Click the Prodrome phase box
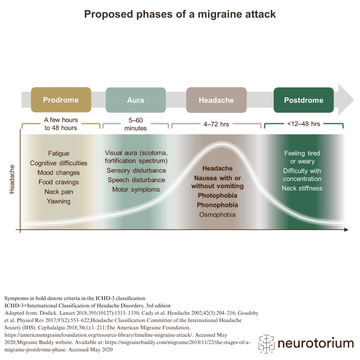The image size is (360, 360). coord(61,100)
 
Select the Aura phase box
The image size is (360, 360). coord(136,100)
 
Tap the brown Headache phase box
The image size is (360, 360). coord(216,100)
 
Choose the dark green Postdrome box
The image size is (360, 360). coord(304,100)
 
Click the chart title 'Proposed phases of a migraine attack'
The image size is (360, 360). coord(180,14)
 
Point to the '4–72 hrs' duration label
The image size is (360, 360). coord(216,124)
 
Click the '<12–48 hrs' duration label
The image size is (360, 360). coord(304,124)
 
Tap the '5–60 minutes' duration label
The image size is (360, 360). coord(136,124)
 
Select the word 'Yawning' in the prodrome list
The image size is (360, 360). coord(59,201)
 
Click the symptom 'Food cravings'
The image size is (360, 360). coord(59,182)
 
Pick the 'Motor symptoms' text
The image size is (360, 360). coord(136,190)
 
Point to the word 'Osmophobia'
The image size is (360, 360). coord(217,215)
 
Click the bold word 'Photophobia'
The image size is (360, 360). coord(217,195)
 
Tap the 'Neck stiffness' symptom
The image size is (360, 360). coord(302,188)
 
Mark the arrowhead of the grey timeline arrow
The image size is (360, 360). coord(347,100)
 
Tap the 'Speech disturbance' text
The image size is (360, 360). coord(136,180)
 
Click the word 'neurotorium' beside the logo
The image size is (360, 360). coord(315,343)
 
